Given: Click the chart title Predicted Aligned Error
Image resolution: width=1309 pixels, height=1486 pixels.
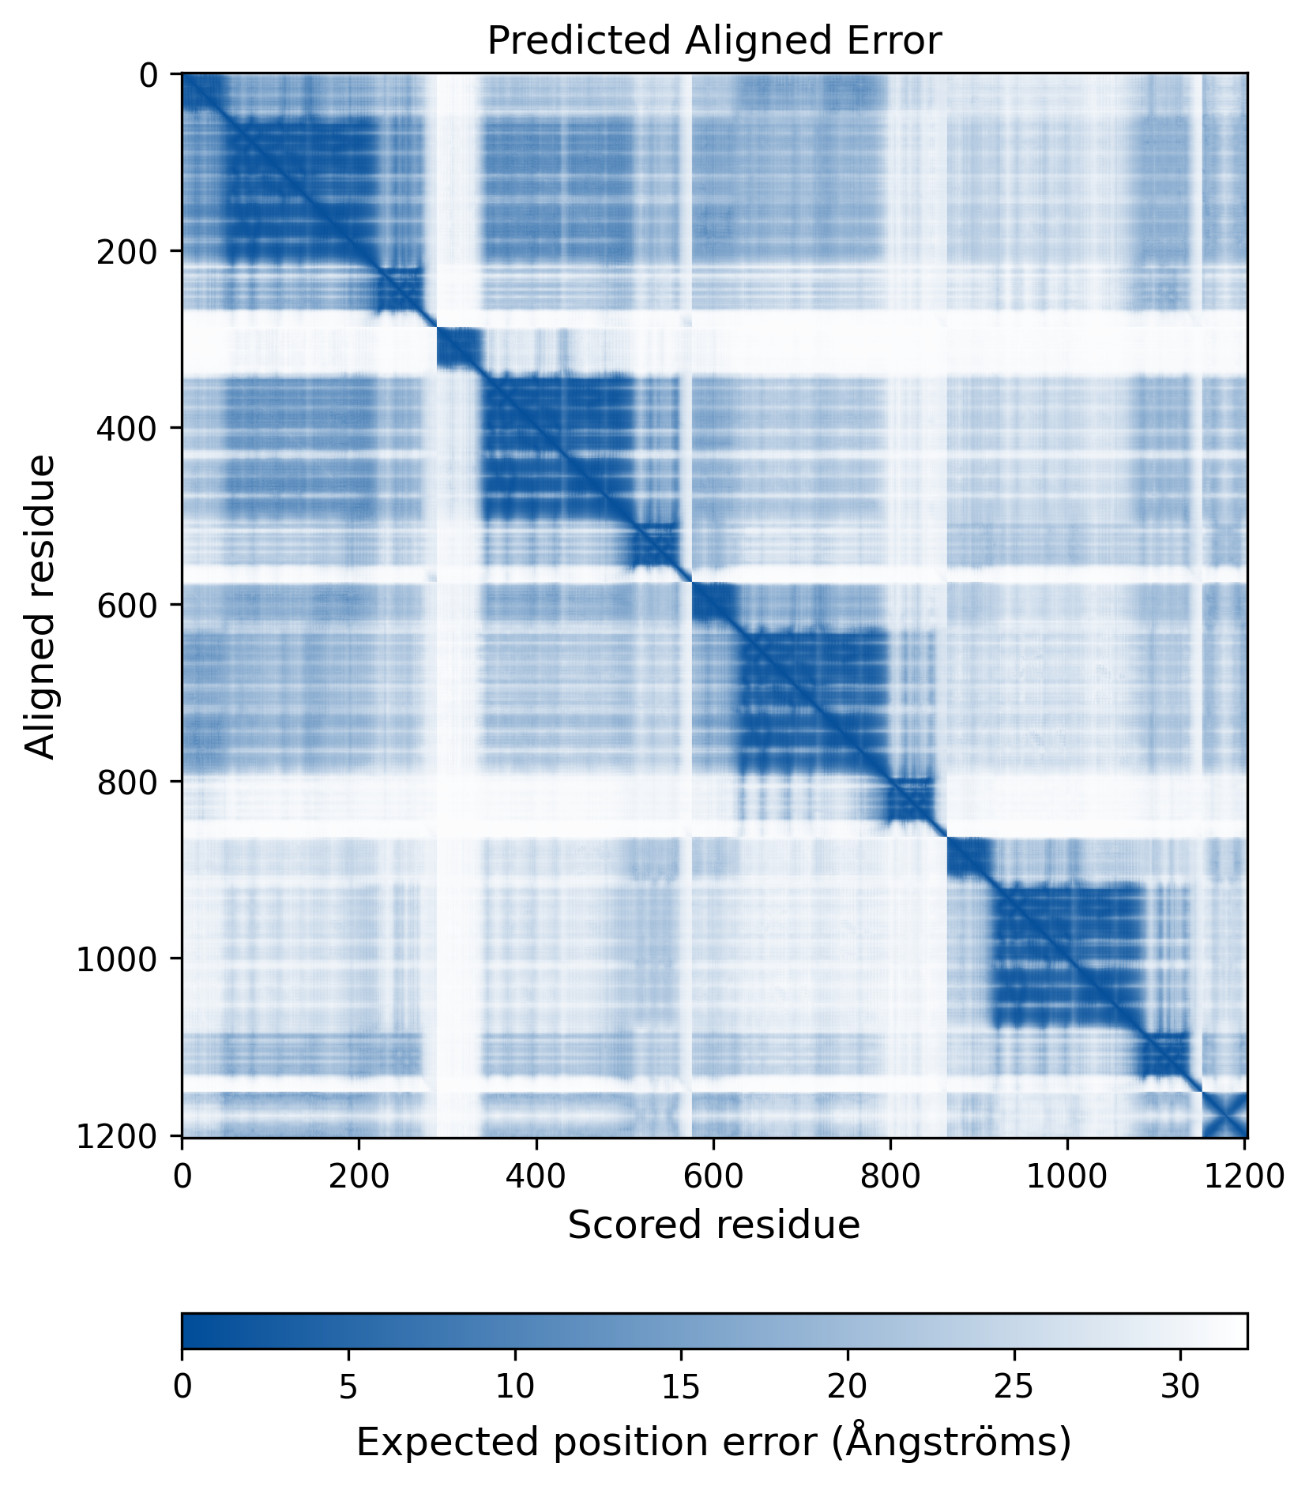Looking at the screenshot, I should click(713, 40).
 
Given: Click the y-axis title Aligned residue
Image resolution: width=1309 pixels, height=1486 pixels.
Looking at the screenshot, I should click(40, 606).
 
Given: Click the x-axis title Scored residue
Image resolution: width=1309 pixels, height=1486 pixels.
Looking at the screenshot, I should click(713, 1225).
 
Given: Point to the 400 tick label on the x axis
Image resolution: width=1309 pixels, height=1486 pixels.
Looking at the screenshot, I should click(536, 1176).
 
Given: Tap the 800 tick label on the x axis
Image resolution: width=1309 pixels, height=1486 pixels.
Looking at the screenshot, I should click(890, 1176).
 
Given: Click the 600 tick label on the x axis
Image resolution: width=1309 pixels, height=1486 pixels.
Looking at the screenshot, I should click(713, 1176).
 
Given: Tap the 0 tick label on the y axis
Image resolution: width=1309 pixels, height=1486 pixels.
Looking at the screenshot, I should click(149, 75).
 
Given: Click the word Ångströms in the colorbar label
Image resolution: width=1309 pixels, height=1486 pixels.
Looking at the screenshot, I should click(954, 1443).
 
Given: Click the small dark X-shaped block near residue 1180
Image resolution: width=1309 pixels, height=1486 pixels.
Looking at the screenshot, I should click(1224, 1115).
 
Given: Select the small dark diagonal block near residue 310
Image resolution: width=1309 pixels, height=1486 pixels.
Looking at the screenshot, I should click(458, 348).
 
